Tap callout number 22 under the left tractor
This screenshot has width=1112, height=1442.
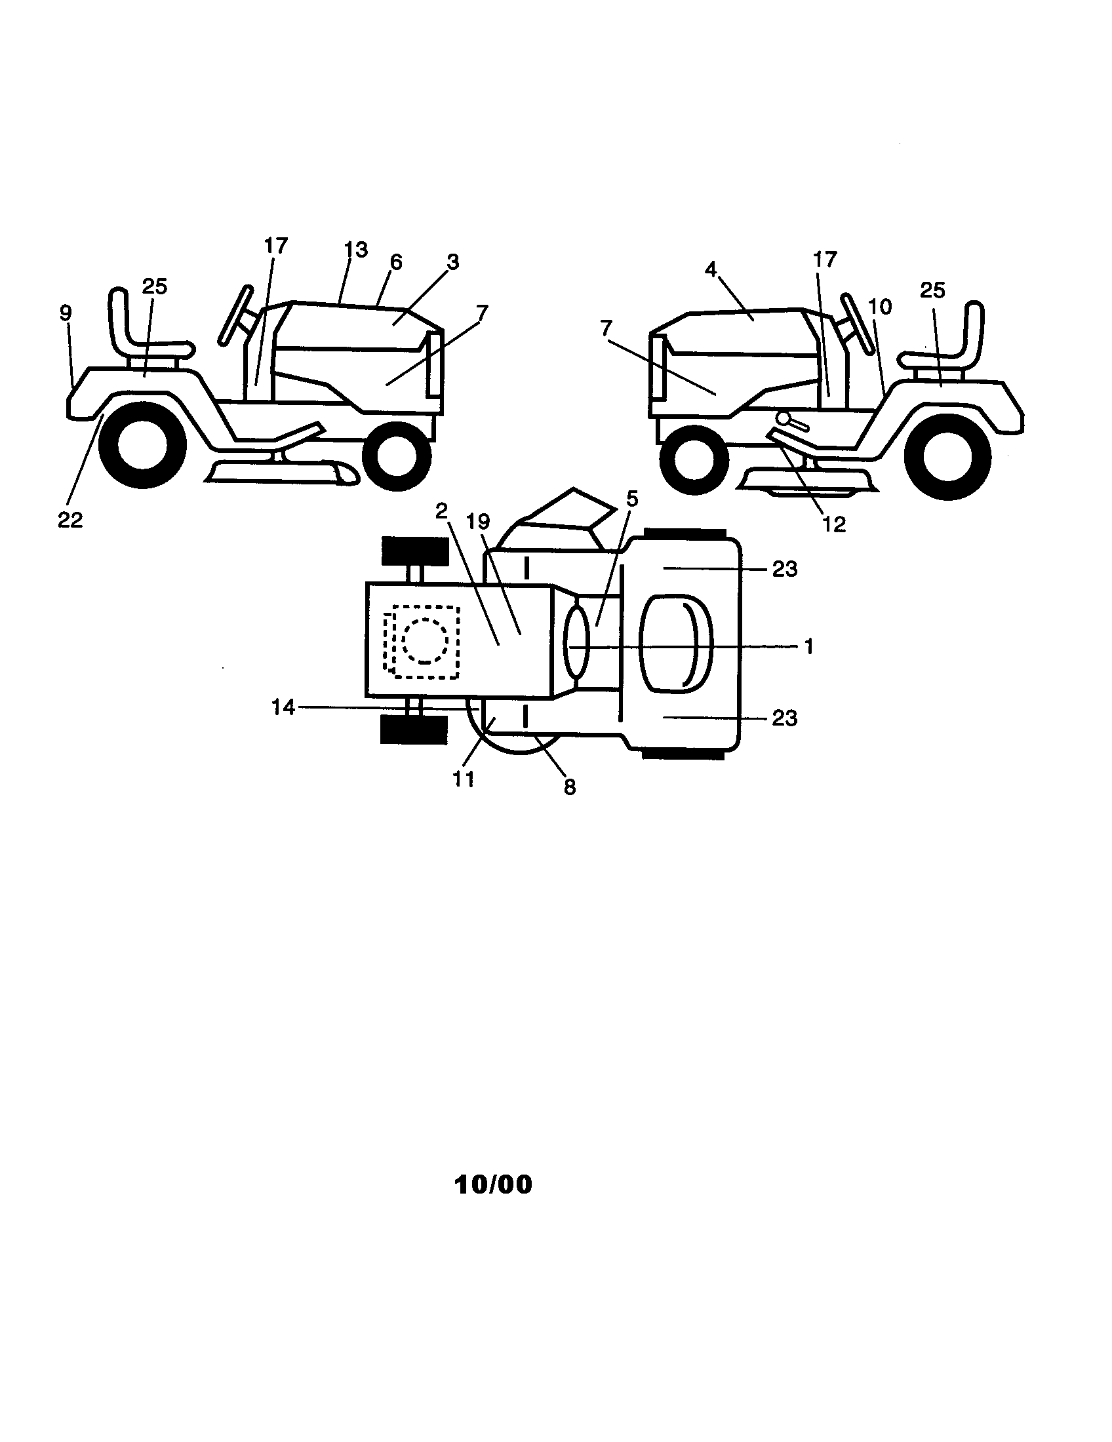click(70, 520)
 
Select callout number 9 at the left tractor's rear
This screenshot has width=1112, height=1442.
click(66, 312)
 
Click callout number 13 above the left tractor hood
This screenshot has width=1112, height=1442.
click(355, 250)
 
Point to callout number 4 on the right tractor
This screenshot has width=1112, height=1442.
click(711, 269)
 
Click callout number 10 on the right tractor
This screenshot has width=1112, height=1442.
click(879, 306)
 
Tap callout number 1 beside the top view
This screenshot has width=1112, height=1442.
click(809, 646)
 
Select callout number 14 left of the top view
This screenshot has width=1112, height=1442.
click(283, 708)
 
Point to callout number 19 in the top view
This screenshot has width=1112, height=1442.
click(478, 522)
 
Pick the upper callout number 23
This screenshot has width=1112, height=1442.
click(784, 568)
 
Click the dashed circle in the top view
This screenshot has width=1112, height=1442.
click(425, 640)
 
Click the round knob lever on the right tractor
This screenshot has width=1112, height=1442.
click(783, 418)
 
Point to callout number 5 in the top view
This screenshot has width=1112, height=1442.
click(632, 500)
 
